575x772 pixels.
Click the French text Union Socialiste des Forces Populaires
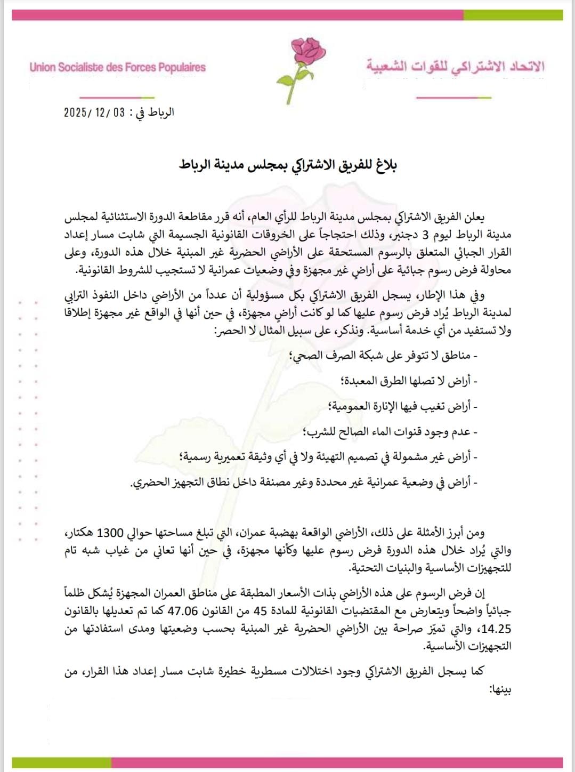pos(117,68)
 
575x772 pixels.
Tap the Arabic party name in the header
pos(455,67)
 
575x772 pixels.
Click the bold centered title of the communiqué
pos(288,165)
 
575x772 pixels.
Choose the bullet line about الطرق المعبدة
pos(409,381)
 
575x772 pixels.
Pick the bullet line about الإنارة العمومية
pos(403,406)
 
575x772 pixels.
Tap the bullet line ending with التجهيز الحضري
pos(304,482)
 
